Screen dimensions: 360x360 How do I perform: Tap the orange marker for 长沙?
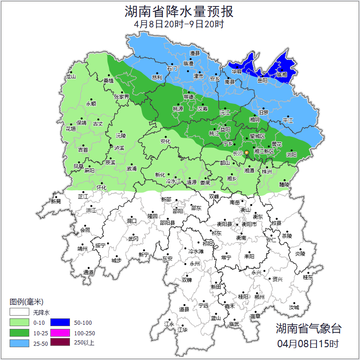click(x=247, y=153)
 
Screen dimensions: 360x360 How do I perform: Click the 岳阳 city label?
click(x=262, y=81)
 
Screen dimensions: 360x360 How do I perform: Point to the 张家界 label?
click(x=122, y=97)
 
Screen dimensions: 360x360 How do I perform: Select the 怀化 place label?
click(x=102, y=188)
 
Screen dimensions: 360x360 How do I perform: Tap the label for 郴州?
click(x=259, y=297)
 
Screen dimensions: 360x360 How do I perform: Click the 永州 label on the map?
click(x=195, y=264)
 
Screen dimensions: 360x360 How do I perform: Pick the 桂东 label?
click(x=308, y=277)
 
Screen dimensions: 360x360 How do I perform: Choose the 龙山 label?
click(x=70, y=76)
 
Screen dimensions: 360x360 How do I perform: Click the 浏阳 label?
click(x=291, y=155)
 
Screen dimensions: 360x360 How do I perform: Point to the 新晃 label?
click(x=56, y=201)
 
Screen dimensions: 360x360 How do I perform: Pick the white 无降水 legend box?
click(x=19, y=313)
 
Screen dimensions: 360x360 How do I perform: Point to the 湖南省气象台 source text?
click(x=308, y=328)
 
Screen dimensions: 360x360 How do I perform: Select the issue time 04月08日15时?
click(x=308, y=343)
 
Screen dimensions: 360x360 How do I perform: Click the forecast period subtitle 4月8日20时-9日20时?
click(x=179, y=24)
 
